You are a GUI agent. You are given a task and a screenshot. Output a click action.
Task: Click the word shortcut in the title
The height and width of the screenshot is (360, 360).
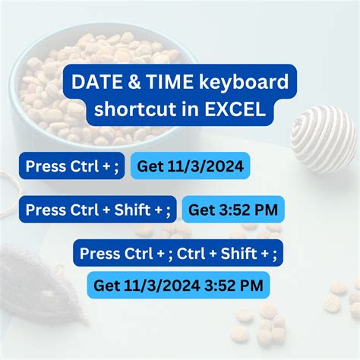(x=128, y=109)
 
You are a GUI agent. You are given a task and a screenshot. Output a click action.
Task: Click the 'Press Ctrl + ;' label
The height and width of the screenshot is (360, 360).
(x=73, y=166)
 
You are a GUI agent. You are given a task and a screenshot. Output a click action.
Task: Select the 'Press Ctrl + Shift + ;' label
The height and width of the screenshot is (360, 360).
(x=99, y=209)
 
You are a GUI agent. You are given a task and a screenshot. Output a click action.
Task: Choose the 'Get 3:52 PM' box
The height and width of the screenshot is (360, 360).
(x=233, y=209)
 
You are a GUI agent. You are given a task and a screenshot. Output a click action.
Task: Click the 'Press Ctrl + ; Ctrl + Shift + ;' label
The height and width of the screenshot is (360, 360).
(x=178, y=253)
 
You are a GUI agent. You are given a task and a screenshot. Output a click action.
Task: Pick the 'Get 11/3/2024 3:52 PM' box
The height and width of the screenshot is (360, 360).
(x=178, y=285)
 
